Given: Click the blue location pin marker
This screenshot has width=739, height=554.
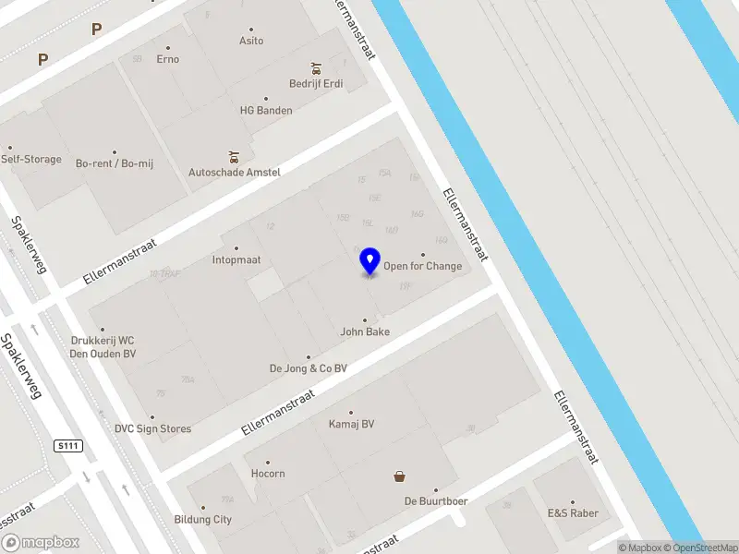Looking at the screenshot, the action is tap(369, 260).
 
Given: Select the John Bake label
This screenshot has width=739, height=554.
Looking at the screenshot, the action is tap(364, 331).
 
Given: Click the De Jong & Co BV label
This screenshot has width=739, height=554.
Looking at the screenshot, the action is tap(308, 367).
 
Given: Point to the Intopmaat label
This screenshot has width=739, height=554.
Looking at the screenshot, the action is tap(236, 259).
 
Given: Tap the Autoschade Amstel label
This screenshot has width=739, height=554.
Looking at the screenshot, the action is tap(234, 172).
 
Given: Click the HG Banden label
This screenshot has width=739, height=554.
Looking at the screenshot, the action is tap(265, 110).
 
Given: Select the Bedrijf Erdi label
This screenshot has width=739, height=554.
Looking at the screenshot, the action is tap(315, 84).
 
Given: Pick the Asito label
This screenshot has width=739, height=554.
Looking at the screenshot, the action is tap(251, 41).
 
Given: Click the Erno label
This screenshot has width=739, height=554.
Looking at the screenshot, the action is tap(167, 59).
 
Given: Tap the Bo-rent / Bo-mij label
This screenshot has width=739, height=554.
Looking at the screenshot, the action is tap(114, 163).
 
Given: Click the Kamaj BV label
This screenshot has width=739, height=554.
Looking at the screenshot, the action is tap(351, 425).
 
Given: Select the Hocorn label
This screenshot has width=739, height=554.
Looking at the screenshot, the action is tap(268, 474).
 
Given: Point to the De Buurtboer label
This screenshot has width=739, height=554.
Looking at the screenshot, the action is tap(435, 501).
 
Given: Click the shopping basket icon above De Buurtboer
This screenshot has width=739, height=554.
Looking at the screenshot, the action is tap(399, 476).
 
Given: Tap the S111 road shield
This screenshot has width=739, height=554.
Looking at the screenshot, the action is tap(67, 446).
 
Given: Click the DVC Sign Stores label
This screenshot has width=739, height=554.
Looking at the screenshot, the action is tap(152, 428).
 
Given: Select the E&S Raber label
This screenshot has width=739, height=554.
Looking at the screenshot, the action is tap(572, 513).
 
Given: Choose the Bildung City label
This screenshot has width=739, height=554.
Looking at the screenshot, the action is tap(203, 520).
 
